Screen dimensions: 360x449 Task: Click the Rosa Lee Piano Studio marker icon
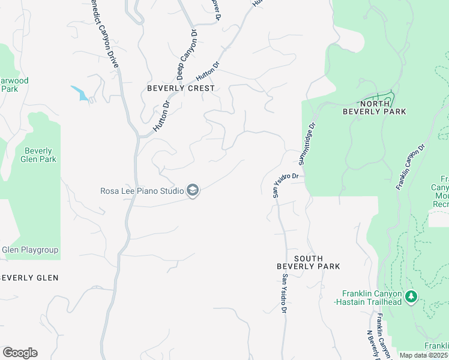[x=193, y=191]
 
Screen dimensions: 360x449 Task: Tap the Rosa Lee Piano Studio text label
[x=142, y=191]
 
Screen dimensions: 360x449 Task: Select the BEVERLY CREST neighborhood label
[x=181, y=88]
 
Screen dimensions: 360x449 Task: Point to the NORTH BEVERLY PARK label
[x=374, y=107]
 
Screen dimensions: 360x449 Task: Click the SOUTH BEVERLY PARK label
[x=308, y=262]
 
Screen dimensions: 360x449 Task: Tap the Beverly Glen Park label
[x=38, y=155]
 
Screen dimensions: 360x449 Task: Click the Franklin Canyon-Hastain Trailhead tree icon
[x=411, y=297]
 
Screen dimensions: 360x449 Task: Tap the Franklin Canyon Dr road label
[x=411, y=167]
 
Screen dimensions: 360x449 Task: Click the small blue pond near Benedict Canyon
[x=79, y=92]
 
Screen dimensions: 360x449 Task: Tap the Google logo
[x=20, y=353]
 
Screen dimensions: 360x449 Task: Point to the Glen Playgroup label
[x=29, y=250]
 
